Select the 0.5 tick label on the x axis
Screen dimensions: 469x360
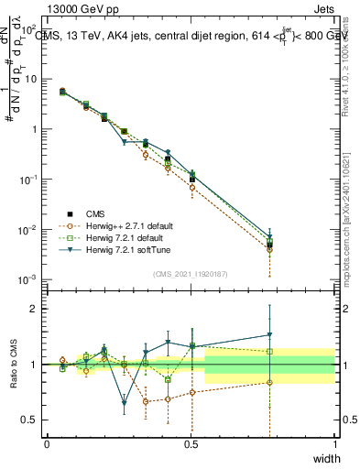tap(191, 444)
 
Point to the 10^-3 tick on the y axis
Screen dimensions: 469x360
tap(30, 278)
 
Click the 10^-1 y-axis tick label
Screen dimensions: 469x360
tap(30, 179)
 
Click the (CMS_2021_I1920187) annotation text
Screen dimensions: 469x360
tap(190, 273)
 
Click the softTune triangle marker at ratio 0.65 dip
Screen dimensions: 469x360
tap(125, 402)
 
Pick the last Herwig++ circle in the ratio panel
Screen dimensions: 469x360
tap(269, 383)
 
